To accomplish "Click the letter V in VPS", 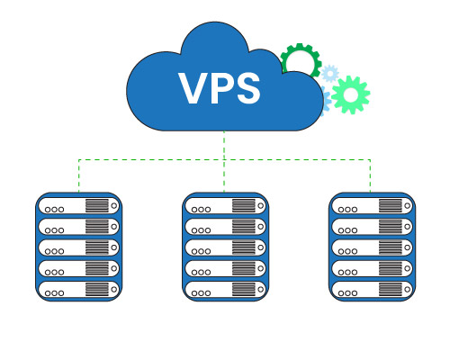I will point(193,89).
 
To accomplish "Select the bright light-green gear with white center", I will point(349,93).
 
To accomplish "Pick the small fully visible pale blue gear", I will point(330,73).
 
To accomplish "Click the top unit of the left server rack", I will point(78,205).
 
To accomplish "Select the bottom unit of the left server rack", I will point(78,289).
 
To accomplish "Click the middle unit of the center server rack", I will point(225,247).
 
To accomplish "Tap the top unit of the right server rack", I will point(371,205).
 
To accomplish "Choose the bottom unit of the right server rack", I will point(371,289).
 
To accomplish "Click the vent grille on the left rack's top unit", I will point(96,205).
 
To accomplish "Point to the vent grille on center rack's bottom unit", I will point(243,289).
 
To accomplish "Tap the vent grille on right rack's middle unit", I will point(389,247).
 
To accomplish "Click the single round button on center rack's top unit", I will point(261,205).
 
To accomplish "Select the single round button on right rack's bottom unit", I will point(407,289).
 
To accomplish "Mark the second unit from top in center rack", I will point(225,226).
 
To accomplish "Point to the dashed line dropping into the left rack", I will point(78,175).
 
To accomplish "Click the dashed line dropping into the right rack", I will point(370,175).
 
